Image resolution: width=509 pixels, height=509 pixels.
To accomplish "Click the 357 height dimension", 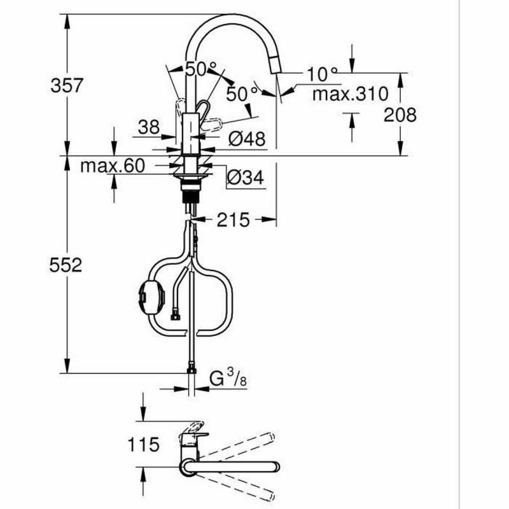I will tap(67, 85).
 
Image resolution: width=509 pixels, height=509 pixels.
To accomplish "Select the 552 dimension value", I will tap(67, 265).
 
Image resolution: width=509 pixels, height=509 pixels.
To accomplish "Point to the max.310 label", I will tap(350, 95).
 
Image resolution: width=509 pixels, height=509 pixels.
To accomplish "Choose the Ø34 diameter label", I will tap(244, 179).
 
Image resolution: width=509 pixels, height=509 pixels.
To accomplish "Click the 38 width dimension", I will tap(149, 128).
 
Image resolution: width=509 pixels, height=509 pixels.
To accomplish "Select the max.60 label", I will tap(113, 166).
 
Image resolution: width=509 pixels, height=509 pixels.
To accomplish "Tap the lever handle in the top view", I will tap(193, 426).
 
